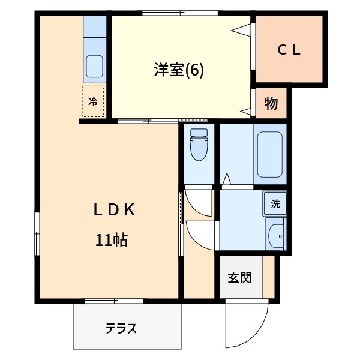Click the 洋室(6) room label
[x=179, y=70]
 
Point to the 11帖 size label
[x=111, y=240]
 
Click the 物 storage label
[x=271, y=103]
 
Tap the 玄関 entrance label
[x=239, y=278]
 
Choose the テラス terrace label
[x=121, y=329]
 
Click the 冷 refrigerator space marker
[x=93, y=101]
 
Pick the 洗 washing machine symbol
[x=275, y=203]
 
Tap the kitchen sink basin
[x=94, y=65]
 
